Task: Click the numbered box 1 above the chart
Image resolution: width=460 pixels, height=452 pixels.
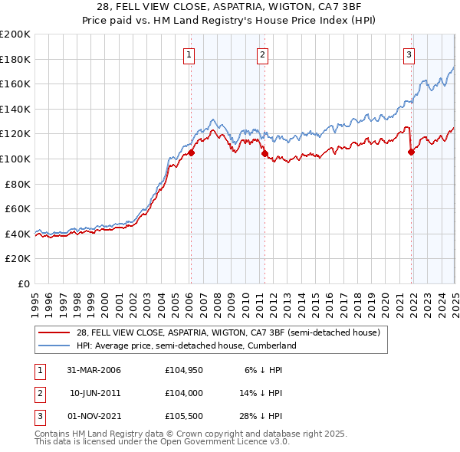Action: tap(189, 54)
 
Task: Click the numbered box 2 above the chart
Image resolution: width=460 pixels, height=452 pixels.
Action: tap(262, 54)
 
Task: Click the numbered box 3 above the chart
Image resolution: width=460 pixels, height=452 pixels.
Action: tap(409, 54)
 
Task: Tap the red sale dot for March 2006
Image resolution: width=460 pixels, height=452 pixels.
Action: tap(192, 152)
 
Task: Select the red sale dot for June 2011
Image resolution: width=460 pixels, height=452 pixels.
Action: tap(264, 154)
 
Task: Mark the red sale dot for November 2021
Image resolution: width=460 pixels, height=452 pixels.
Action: tap(411, 152)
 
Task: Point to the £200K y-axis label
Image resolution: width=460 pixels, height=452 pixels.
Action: tap(15, 34)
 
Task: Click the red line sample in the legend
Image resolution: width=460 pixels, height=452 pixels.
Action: tap(54, 332)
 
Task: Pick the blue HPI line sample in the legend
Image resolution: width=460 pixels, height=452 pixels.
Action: tap(54, 346)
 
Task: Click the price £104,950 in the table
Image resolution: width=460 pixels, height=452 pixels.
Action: tap(182, 370)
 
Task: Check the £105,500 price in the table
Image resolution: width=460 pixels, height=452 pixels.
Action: tap(182, 416)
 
